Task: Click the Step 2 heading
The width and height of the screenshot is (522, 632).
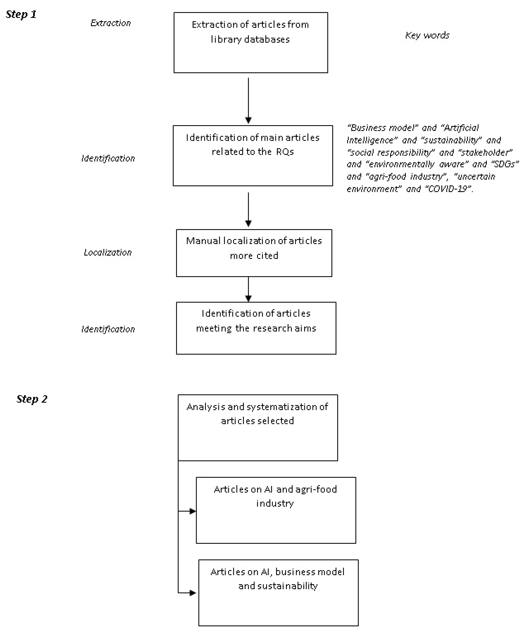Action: click(32, 399)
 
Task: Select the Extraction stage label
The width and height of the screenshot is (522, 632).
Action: click(111, 23)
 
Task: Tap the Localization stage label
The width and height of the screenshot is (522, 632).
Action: click(108, 252)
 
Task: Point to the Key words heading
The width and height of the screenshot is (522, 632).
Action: click(427, 35)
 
